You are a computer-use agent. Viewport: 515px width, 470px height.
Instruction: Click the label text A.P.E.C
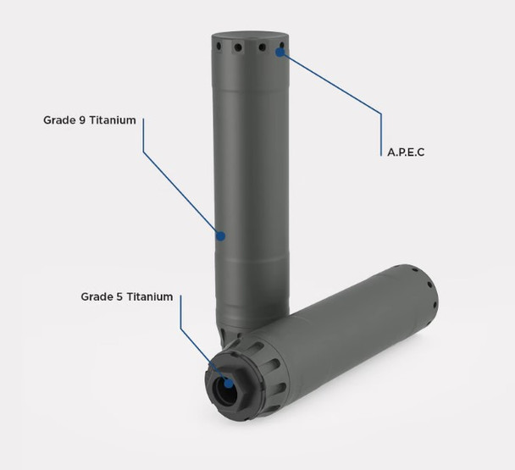[406, 152]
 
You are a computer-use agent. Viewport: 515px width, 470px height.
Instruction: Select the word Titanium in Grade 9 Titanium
[113, 120]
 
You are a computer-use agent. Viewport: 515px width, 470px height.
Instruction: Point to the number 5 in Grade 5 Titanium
[119, 296]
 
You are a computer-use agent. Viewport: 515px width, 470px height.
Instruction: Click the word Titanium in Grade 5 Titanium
[150, 296]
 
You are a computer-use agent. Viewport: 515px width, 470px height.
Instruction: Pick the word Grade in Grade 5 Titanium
[97, 296]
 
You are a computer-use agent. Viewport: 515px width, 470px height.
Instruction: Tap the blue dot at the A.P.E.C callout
[280, 53]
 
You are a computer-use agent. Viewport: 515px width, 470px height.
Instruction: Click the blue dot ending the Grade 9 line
[220, 235]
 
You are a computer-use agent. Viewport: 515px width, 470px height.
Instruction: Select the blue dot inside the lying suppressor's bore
[228, 384]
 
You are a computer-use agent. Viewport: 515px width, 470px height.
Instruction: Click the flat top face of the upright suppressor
[250, 36]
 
